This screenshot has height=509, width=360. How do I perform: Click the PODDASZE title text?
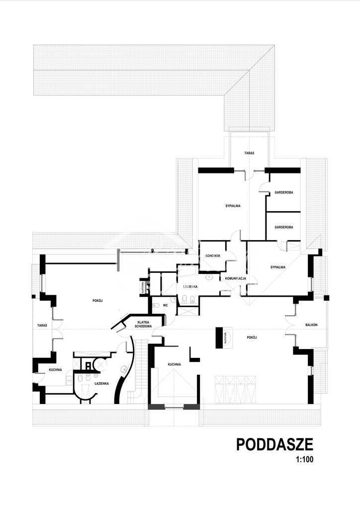(274, 443)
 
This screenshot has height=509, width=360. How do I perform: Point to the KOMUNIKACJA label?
(233, 278)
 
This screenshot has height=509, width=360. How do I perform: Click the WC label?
(166, 305)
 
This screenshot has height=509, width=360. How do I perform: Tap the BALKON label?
(312, 325)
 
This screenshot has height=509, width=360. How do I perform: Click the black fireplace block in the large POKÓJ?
(219, 338)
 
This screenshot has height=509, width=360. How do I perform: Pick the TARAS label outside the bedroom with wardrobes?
(249, 153)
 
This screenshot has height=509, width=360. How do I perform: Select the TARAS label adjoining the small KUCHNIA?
(42, 326)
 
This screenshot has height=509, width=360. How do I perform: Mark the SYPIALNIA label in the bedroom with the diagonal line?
(278, 267)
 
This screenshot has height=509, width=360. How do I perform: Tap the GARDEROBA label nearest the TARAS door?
(284, 193)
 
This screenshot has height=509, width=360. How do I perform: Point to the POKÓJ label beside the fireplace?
(251, 338)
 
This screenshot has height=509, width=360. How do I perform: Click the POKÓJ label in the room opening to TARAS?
(97, 300)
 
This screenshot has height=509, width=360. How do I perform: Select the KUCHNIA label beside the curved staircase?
(174, 364)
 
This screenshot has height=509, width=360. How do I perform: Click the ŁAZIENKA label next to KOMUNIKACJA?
(190, 287)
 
